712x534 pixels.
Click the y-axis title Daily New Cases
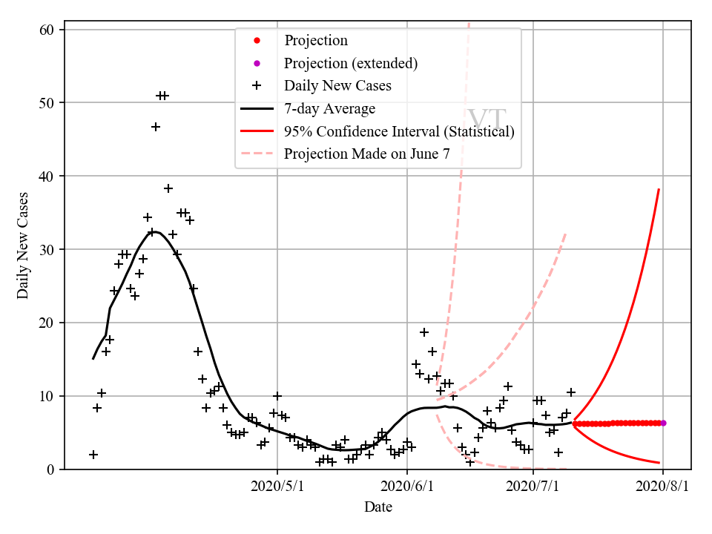tap(23, 245)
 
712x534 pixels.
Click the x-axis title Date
tap(378, 507)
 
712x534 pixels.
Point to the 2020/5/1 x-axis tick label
tap(277, 487)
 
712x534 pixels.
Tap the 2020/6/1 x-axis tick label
tap(406, 487)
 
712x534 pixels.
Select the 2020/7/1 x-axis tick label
tap(535, 487)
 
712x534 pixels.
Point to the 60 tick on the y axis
tap(50, 29)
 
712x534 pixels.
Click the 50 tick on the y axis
tap(50, 102)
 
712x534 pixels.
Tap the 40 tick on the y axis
tap(50, 176)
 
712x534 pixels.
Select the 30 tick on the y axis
tap(50, 249)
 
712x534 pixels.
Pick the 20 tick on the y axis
tap(50, 323)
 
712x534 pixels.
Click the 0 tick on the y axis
tap(53, 469)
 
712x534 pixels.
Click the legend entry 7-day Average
tap(329, 109)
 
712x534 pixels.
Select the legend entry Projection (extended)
tap(351, 63)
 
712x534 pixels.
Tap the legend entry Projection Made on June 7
tap(366, 154)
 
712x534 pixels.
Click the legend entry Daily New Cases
tap(337, 86)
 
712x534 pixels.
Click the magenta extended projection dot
tap(663, 423)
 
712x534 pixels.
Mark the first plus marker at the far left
tap(93, 455)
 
